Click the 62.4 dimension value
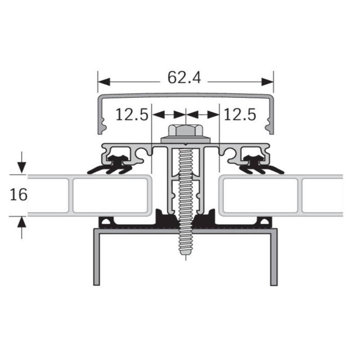[x=184, y=78]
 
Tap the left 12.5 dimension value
[x=132, y=114]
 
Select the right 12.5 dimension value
[x=240, y=114]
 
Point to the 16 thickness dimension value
[x=19, y=195]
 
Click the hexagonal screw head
[x=186, y=130]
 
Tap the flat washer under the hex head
[x=186, y=140]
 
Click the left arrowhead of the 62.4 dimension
[x=104, y=82]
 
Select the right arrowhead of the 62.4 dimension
[x=267, y=82]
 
